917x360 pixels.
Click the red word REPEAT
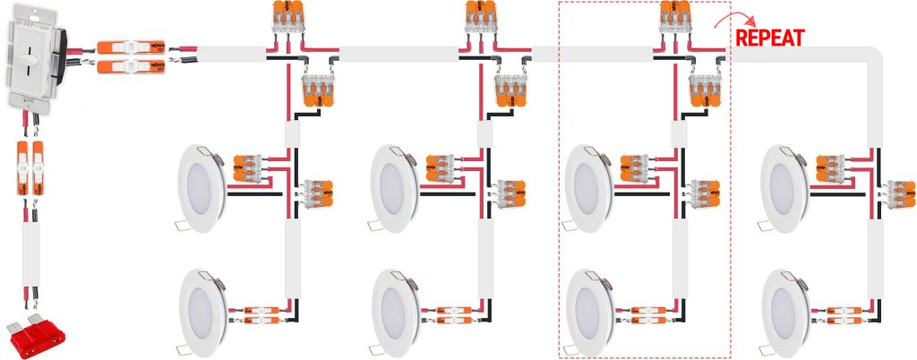769,37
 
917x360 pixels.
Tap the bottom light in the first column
205,309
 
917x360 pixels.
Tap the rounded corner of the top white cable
874,57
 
